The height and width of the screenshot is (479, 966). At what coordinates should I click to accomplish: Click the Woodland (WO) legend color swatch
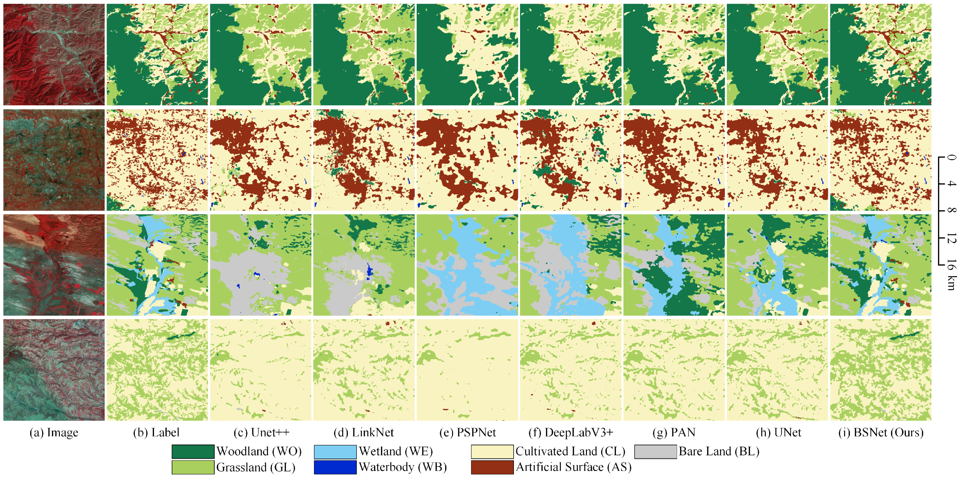[193, 451]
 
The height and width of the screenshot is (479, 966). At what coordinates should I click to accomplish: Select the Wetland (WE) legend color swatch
[335, 451]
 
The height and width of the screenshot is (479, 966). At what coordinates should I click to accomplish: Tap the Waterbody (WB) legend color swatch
[335, 467]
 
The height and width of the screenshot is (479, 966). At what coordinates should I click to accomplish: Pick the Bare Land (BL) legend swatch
[655, 451]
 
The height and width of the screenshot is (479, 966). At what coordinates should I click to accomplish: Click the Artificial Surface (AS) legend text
[573, 467]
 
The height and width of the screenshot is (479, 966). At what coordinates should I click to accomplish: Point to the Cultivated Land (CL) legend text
[570, 451]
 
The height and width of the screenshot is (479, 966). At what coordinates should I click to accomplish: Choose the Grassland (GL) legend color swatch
[193, 467]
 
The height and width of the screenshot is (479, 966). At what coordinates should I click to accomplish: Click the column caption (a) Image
[54, 432]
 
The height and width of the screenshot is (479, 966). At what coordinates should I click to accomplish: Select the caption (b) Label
[156, 432]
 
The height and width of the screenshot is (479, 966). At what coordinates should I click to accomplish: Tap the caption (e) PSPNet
[467, 432]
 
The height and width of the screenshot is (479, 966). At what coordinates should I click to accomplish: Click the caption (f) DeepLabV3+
[570, 432]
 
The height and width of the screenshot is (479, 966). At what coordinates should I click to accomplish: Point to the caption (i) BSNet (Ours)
[881, 432]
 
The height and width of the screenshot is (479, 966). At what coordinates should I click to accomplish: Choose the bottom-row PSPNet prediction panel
[467, 370]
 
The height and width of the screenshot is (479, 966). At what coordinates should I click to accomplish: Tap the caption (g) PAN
[674, 432]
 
